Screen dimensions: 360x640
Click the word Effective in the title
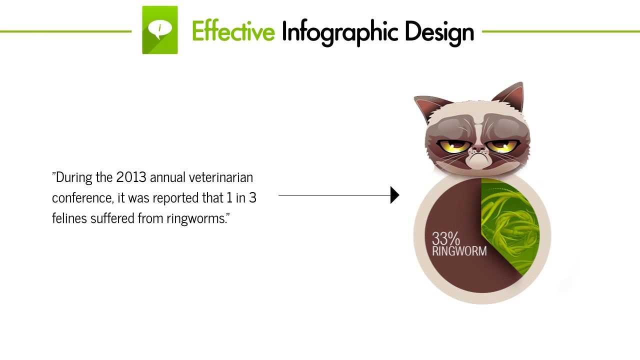point(233,31)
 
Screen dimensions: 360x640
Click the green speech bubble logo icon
point(160,30)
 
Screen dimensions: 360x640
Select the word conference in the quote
point(82,197)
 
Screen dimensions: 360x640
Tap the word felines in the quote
point(69,218)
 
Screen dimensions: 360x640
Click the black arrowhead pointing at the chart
point(394,195)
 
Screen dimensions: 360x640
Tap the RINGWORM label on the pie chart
point(459,251)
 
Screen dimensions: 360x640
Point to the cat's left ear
point(425,107)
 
